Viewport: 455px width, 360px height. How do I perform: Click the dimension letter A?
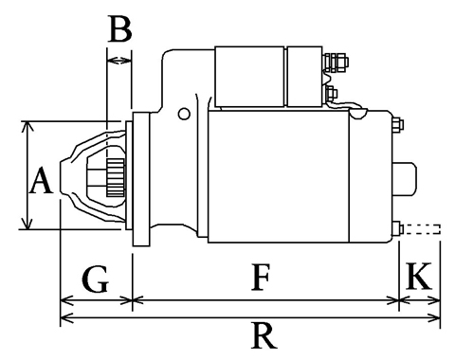pos(41,180)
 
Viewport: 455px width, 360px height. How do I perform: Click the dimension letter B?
pos(120,29)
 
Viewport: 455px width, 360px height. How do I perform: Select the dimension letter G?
pos(96,279)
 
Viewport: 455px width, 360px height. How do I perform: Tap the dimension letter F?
pos(261,278)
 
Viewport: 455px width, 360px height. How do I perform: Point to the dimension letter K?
pos(419,276)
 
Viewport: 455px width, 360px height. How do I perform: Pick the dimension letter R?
pos(264,335)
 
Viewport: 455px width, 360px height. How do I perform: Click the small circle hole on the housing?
pos(184,114)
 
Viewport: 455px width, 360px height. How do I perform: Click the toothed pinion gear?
pos(116,178)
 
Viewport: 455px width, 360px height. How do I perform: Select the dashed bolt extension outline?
pos(422,229)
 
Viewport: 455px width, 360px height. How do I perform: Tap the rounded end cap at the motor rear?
pos(405,179)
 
